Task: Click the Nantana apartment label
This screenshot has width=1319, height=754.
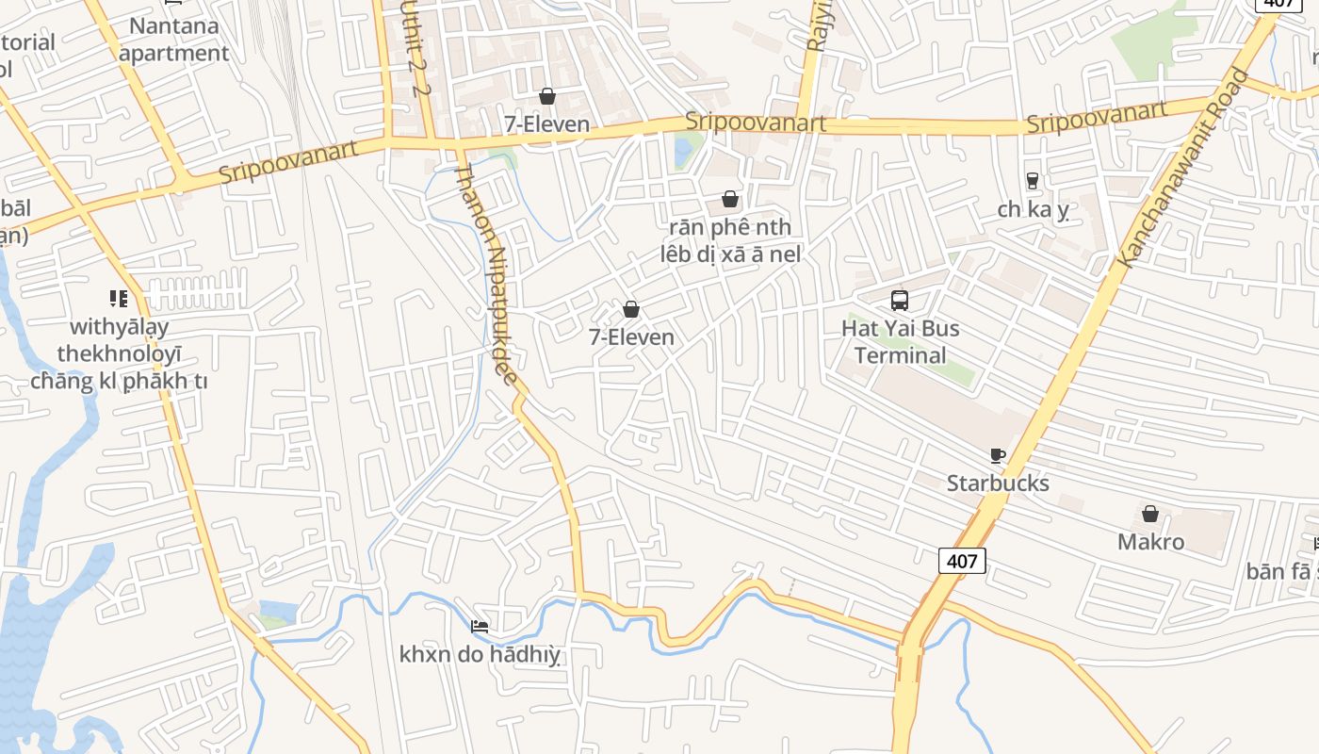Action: click(x=174, y=40)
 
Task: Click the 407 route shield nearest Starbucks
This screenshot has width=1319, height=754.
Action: click(x=962, y=561)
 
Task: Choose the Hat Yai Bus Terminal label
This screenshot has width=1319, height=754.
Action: click(x=900, y=341)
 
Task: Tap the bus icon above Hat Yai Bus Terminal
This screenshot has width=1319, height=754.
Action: click(x=900, y=301)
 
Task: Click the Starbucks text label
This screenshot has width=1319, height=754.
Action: click(x=998, y=484)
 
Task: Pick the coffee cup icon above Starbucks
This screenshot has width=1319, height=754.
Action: click(x=998, y=456)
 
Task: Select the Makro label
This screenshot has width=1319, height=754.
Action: click(x=1150, y=542)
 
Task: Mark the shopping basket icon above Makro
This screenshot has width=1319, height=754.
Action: click(x=1150, y=514)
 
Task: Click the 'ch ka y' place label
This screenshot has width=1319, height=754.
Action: click(x=1033, y=209)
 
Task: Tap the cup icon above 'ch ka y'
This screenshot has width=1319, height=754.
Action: click(x=1033, y=180)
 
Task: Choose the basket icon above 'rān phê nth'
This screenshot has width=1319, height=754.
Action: click(x=730, y=199)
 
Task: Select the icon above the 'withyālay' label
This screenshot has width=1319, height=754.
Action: click(x=119, y=299)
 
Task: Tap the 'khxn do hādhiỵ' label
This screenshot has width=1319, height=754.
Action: click(x=480, y=654)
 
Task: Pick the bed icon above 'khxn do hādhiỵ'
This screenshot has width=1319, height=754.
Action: click(x=480, y=627)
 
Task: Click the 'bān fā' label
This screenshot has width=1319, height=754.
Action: click(x=1281, y=571)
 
